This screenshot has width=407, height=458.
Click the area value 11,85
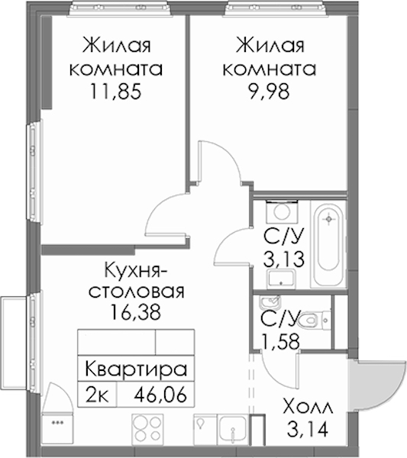point(116,91)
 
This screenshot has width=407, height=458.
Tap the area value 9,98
point(269,91)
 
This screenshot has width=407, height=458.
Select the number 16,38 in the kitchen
point(136,311)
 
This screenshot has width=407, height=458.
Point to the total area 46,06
point(160,395)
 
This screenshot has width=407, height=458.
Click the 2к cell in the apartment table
point(97,395)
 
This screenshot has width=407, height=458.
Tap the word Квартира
point(136,369)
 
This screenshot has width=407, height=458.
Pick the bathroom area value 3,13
point(284,259)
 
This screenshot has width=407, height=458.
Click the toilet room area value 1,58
point(281,341)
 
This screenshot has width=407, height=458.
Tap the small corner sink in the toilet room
point(270,302)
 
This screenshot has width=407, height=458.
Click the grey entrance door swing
point(378,385)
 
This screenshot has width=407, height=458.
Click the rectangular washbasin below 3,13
point(281,278)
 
